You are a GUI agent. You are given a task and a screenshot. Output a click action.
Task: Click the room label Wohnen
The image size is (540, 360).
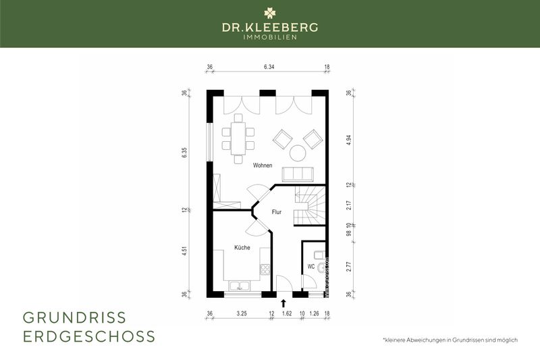(x=263, y=165)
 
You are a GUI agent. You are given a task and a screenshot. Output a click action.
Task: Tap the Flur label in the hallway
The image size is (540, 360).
(x=276, y=212)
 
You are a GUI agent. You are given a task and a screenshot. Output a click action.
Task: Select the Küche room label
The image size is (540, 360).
(x=242, y=248)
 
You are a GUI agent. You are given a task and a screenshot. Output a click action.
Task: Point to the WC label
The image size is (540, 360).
(x=310, y=267)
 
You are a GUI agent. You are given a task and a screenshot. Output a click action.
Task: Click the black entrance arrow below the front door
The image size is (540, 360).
(x=283, y=303)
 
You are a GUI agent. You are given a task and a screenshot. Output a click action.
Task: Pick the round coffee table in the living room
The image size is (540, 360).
(x=296, y=152)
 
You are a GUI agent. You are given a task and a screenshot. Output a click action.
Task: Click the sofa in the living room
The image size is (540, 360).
(x=297, y=174)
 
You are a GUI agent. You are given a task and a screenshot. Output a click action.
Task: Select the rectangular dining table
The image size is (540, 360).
(x=238, y=138)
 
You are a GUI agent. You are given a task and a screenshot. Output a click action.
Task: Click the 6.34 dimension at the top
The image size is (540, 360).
(x=269, y=67)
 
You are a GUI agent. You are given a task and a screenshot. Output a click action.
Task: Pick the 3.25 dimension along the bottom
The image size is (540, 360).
(x=241, y=314)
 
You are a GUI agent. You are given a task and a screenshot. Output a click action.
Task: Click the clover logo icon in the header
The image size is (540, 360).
(x=270, y=12)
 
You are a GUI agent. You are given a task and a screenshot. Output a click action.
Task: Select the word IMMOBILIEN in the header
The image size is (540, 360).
(x=270, y=36)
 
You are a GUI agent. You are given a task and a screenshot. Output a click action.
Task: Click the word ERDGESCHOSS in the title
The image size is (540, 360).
(x=89, y=336)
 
